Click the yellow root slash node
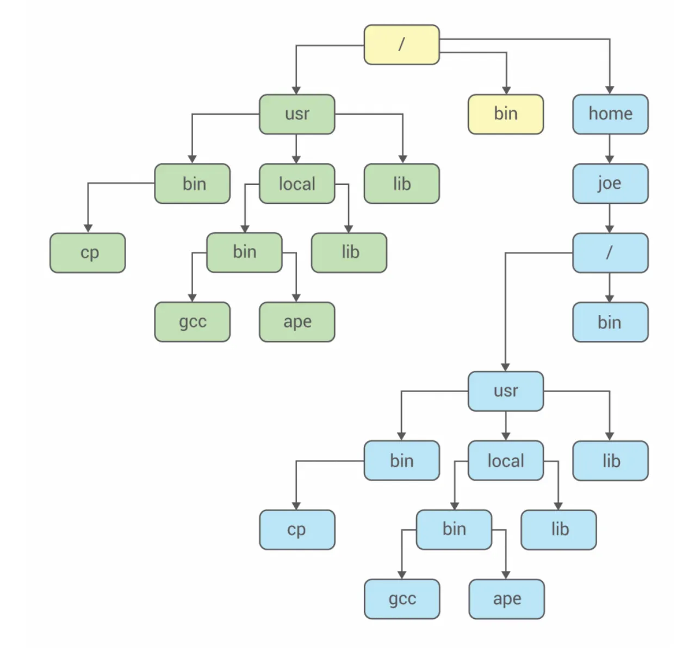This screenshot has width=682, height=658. (401, 45)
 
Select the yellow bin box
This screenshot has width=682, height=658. (505, 114)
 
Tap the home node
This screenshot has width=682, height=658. (610, 114)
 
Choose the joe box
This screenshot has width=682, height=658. (610, 184)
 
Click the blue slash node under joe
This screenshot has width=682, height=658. (610, 253)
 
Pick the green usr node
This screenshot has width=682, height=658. (297, 114)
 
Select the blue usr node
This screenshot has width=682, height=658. (505, 391)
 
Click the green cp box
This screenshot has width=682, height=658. (88, 253)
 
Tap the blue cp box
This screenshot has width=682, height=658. (297, 530)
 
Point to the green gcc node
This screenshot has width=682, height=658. (192, 322)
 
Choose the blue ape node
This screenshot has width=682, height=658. (506, 599)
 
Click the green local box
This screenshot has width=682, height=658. (297, 184)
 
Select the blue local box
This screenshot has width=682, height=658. (505, 461)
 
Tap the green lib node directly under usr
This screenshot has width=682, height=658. (401, 184)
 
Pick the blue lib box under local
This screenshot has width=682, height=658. (559, 530)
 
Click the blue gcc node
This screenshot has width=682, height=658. (402, 599)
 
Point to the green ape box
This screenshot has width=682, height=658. (297, 322)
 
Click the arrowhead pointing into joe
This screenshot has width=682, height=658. (610, 159)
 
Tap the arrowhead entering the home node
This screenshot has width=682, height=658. (610, 90)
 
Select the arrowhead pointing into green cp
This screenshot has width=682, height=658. (88, 228)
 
